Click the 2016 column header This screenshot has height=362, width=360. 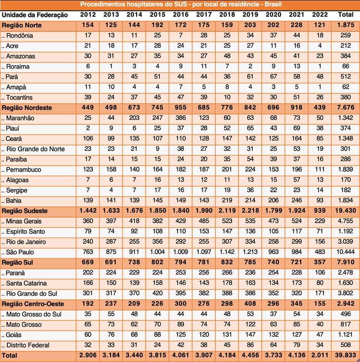click(180, 15)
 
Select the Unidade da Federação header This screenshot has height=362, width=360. click(35, 15)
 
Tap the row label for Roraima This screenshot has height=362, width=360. click(18, 67)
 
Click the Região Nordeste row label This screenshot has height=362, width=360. click(27, 108)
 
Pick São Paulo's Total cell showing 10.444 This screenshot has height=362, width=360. click(346, 252)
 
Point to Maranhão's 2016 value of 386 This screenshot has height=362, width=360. click(180, 118)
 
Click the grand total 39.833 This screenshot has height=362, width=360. click(346, 355)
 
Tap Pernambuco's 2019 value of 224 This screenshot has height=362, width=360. click(250, 170)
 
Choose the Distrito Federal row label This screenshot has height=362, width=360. click(28, 345)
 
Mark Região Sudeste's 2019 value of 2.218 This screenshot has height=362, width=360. click(250, 211)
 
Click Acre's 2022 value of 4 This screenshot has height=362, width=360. click(320, 46)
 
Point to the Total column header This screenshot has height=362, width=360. click(346, 15)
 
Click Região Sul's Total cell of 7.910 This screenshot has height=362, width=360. click(346, 262)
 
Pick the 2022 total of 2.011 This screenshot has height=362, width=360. click(320, 355)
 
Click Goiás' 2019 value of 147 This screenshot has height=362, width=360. click(250, 335)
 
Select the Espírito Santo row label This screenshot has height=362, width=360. click(26, 232)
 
